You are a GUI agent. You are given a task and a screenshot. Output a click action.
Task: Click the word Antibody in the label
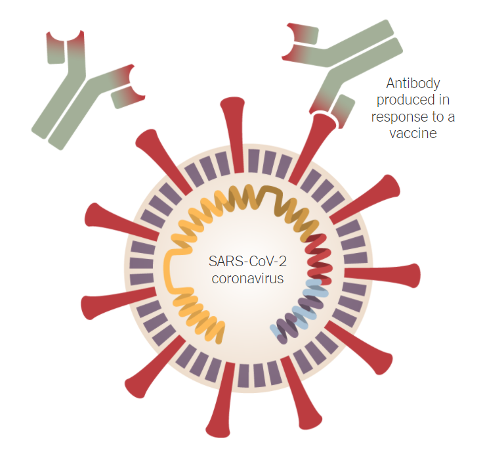click(412, 84)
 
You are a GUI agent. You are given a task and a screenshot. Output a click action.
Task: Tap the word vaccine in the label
click(412, 133)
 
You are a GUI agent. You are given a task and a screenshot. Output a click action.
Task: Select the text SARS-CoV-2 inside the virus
click(247, 262)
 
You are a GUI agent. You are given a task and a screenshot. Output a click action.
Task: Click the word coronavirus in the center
click(247, 278)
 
